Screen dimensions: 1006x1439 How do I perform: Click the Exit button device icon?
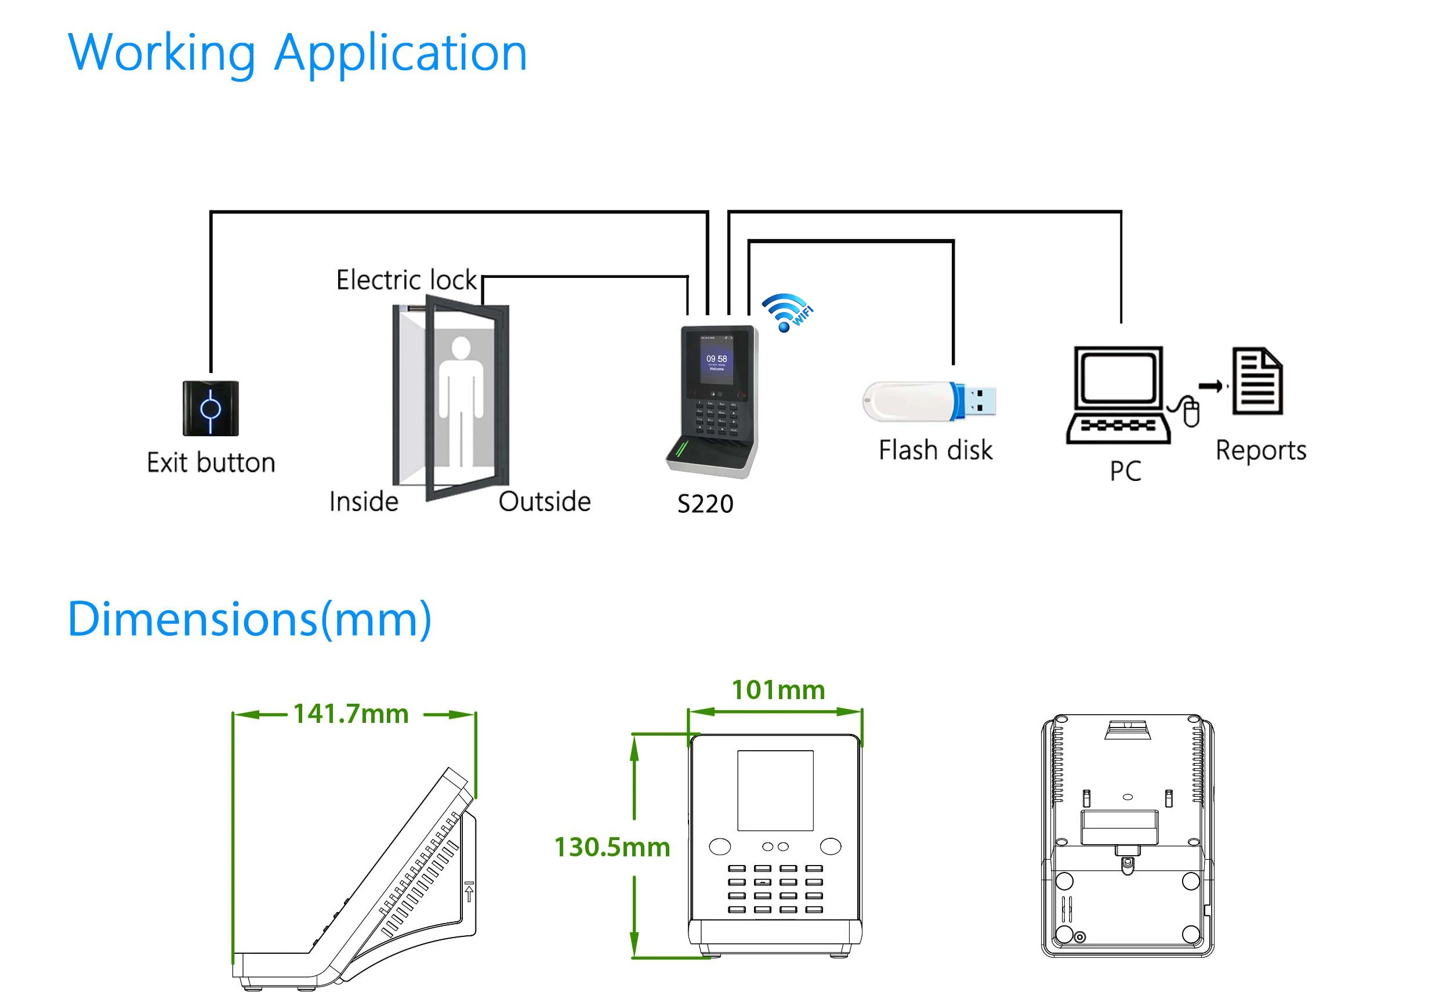[x=211, y=408]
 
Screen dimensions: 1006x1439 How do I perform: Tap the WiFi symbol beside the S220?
[x=786, y=312]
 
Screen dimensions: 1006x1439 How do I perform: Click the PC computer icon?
[x=1118, y=395]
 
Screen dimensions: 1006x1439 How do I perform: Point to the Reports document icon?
[x=1257, y=381]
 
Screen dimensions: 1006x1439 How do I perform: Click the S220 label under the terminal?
[x=705, y=504]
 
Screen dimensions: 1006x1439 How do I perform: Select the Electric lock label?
[x=406, y=280]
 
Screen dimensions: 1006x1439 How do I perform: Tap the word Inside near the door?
[x=364, y=502]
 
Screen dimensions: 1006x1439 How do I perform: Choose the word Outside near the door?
[x=544, y=502]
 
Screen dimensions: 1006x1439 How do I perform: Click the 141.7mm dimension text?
[x=351, y=714]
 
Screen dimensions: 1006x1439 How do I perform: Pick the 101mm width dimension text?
[x=778, y=690]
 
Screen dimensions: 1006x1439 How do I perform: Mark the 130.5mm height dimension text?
[x=612, y=848]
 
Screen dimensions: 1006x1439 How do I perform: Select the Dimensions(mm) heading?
[x=249, y=619]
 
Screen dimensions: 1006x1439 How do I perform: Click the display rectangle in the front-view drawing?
[x=775, y=790]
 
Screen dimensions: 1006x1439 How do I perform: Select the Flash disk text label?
[x=935, y=450]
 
